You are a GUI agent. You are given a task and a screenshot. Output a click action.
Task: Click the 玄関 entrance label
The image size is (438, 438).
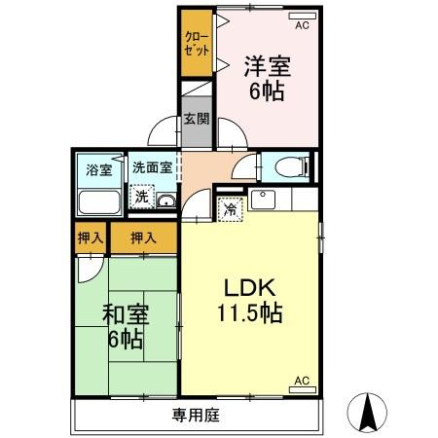(x=197, y=119)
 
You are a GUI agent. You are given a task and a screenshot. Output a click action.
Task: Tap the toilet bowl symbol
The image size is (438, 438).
(x=292, y=167)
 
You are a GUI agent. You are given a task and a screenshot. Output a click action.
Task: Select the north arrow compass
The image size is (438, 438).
(x=367, y=413)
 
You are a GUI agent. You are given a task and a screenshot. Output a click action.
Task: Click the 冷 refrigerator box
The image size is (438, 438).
(x=231, y=209)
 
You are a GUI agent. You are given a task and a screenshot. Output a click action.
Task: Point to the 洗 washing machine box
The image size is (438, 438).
(x=142, y=197)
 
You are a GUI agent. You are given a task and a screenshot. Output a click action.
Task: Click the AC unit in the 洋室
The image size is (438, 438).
(x=303, y=16)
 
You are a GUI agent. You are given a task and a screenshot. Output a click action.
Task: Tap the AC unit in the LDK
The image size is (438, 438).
(x=303, y=389)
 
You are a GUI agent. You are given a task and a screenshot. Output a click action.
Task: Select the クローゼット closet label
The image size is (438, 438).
(x=197, y=44)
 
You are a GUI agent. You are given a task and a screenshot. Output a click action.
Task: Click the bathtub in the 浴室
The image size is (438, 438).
(x=99, y=202)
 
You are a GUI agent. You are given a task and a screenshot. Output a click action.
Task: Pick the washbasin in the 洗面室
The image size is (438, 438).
(x=166, y=201)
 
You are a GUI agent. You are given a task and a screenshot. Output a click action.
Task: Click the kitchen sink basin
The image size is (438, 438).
(x=263, y=200)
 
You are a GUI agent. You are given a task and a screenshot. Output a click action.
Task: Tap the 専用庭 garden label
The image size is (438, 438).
(x=196, y=416)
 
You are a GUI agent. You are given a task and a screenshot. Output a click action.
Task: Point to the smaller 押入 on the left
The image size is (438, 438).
(x=91, y=238)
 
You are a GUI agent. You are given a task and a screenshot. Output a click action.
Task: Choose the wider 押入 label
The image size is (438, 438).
(x=143, y=238)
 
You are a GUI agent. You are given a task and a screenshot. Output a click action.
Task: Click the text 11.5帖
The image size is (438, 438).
(x=249, y=312)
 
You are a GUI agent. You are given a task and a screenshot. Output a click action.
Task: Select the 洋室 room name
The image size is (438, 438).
(x=268, y=66)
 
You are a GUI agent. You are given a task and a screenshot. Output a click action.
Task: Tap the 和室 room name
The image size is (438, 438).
(x=126, y=314)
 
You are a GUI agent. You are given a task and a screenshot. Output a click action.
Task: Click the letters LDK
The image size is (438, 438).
(x=250, y=287)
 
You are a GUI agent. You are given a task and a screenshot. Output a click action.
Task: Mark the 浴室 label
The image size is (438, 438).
(x=99, y=169)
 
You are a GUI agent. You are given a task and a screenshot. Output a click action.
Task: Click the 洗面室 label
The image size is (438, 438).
(x=152, y=167)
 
